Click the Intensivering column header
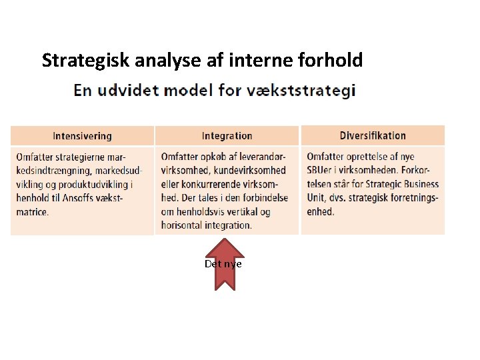tap(82, 136)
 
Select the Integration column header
tap(227, 136)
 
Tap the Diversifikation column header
tap(373, 136)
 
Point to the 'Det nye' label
tap(223, 264)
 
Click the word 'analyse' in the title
tap(167, 61)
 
